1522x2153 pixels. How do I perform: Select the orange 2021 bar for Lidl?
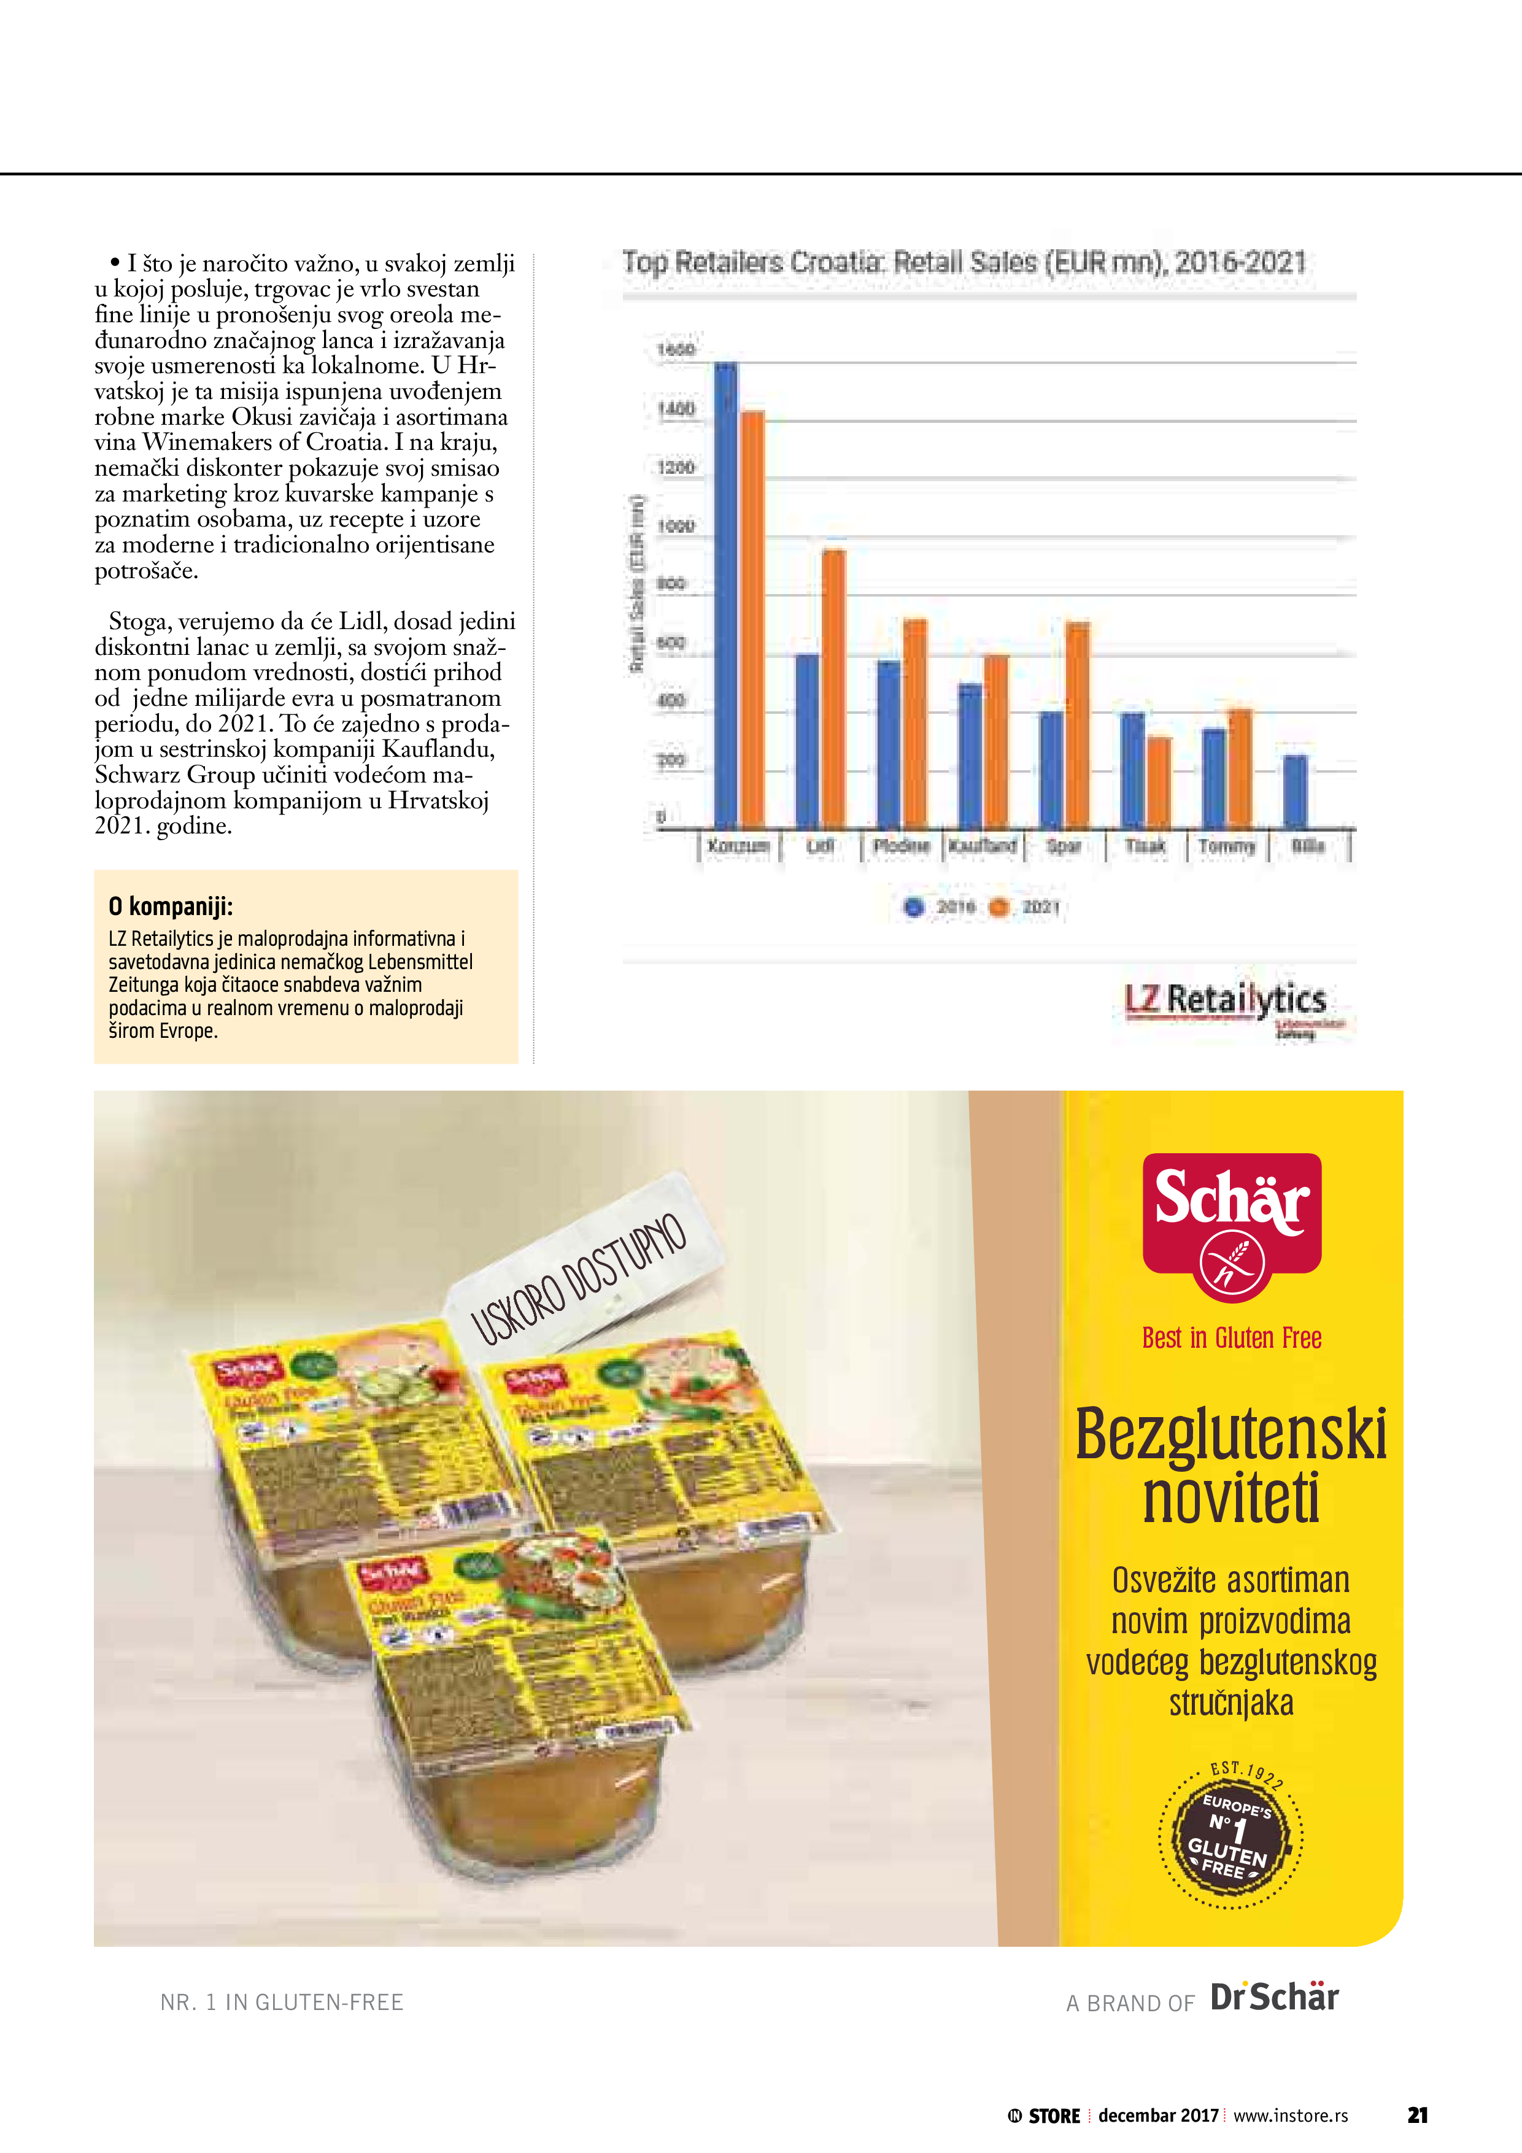(x=833, y=689)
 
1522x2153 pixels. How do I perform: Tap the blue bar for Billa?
(x=1295, y=792)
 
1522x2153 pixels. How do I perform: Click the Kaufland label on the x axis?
(x=983, y=846)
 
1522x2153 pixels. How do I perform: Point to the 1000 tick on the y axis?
(x=675, y=526)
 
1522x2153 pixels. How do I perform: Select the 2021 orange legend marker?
(x=1000, y=906)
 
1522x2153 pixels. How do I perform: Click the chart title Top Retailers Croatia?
(x=964, y=263)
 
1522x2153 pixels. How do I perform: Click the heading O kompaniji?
(x=171, y=906)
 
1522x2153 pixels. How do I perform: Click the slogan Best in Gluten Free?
(x=1231, y=1338)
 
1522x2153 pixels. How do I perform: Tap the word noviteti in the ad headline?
(x=1231, y=1499)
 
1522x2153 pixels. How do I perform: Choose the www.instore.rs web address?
(x=1291, y=2116)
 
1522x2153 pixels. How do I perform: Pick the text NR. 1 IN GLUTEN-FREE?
(x=281, y=2002)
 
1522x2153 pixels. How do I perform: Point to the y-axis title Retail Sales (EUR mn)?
(x=637, y=582)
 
